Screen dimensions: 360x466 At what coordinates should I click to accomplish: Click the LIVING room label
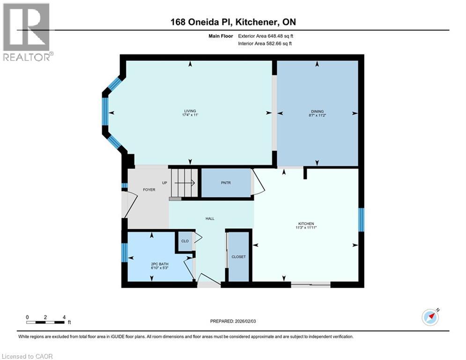click(190, 111)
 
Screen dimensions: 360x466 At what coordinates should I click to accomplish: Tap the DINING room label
click(317, 112)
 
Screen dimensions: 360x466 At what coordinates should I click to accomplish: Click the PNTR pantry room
click(227, 183)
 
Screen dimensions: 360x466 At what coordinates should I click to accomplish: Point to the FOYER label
click(149, 189)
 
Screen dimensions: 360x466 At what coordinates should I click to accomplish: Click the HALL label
click(210, 218)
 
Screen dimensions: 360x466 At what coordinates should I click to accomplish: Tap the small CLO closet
click(185, 241)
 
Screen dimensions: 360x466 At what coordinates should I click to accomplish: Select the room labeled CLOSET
click(238, 256)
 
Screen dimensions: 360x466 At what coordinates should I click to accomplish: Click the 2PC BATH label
click(160, 264)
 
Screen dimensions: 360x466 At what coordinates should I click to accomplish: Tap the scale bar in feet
click(45, 322)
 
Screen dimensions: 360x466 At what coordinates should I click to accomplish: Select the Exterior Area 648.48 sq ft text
click(266, 36)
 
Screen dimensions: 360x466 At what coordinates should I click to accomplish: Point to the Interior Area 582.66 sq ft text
click(265, 44)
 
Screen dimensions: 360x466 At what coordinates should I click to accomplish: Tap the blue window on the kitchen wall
click(361, 220)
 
